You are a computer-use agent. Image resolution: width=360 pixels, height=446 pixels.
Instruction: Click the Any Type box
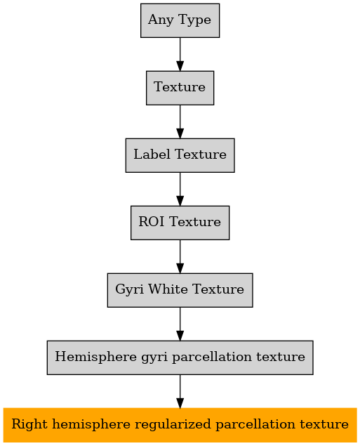click(180, 20)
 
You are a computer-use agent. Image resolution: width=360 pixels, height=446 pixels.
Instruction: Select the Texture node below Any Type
click(180, 88)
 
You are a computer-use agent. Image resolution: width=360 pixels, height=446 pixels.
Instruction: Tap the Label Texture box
click(180, 155)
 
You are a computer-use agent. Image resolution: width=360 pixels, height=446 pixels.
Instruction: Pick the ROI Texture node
click(180, 223)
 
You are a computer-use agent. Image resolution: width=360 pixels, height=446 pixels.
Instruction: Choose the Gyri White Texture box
click(180, 290)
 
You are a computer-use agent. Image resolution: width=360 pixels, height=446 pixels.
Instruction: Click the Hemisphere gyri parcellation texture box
click(180, 358)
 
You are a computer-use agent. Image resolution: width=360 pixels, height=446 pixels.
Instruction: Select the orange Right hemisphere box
click(180, 425)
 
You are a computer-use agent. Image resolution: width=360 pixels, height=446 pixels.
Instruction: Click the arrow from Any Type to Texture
click(180, 54)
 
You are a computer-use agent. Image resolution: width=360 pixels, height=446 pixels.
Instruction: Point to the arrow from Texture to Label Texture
click(180, 122)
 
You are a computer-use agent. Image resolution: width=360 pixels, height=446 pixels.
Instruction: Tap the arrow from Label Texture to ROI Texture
click(180, 189)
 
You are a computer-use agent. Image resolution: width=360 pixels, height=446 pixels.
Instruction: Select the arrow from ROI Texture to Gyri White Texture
click(180, 256)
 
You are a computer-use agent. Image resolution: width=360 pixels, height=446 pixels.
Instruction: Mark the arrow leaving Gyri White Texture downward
click(180, 324)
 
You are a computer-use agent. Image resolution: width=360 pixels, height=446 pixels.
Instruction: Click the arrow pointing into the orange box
click(180, 391)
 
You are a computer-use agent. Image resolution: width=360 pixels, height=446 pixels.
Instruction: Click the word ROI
click(151, 221)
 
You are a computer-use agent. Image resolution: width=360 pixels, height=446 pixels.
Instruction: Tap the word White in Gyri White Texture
click(168, 289)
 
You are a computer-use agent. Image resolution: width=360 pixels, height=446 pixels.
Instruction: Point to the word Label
click(152, 154)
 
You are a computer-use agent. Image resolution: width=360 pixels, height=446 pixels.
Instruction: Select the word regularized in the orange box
click(173, 425)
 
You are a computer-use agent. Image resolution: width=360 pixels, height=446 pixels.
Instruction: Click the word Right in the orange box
click(29, 425)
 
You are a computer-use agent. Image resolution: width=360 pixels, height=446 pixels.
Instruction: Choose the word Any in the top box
click(161, 20)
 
